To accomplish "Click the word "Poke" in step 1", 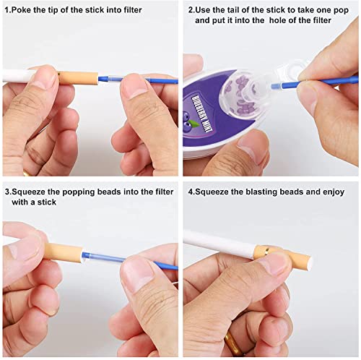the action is point(20,10).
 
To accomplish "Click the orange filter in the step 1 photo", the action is point(78,78).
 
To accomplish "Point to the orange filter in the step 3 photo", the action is point(64,252).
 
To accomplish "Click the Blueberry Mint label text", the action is point(201,113).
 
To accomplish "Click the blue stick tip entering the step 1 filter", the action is point(103,77).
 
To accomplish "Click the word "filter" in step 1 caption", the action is point(131,10).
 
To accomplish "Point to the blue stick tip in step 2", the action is point(275,85).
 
